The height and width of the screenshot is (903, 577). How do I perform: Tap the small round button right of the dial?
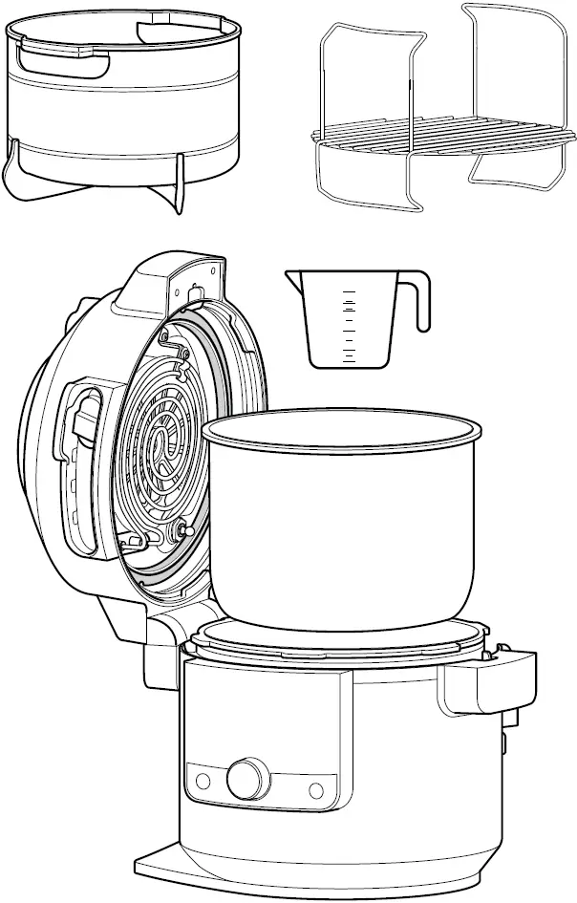click(316, 789)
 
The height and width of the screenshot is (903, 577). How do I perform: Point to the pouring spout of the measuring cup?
click(293, 278)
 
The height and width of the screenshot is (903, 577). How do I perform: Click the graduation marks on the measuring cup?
click(350, 325)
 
